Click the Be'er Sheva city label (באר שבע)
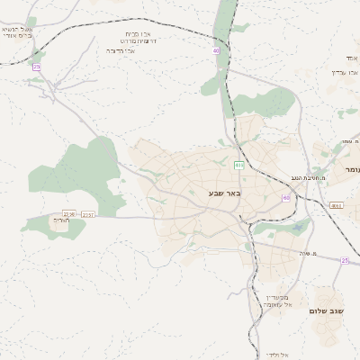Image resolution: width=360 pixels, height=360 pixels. pos(225,193)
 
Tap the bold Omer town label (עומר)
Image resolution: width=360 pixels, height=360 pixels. pos(350,169)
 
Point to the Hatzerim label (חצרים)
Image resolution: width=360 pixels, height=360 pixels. pos(61,220)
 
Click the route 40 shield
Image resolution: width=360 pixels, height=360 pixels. pos(216,51)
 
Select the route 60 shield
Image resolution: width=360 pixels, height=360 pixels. pos(286,198)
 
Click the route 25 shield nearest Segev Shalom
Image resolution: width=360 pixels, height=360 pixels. pos(345,260)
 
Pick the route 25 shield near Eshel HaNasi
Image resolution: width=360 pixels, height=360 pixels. pos(37,67)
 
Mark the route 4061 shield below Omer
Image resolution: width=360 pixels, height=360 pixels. pos(337,205)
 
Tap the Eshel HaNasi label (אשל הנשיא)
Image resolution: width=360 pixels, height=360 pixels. pos(18,30)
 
